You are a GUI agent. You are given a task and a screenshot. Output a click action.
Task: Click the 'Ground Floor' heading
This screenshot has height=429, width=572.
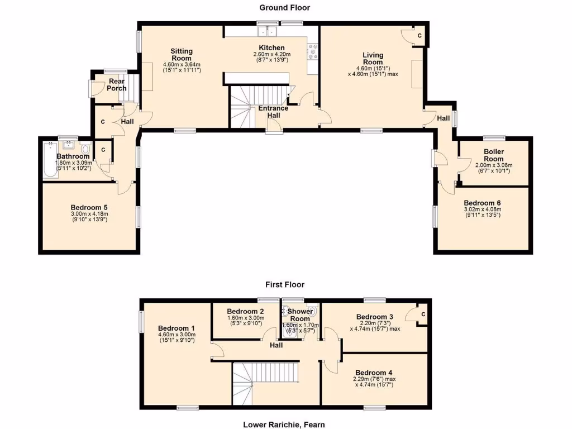(284, 7)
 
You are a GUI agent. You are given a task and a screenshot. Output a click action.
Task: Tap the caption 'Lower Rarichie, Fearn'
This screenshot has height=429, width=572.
(284, 424)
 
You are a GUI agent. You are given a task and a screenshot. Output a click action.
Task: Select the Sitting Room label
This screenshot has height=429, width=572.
(182, 55)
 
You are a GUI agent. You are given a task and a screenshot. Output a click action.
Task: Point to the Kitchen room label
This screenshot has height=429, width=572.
(271, 47)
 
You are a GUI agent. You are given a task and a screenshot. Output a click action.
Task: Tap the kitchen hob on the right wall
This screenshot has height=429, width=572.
(312, 52)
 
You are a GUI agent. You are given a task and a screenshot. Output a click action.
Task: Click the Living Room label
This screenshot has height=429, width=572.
(373, 58)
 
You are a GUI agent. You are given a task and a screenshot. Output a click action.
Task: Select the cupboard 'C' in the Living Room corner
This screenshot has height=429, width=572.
(420, 36)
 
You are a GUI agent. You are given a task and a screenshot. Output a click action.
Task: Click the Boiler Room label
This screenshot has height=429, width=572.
(494, 155)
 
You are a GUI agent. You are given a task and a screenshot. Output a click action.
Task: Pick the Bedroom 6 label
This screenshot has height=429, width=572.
(482, 203)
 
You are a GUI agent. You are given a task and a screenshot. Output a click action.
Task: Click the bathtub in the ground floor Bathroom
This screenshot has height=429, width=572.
(50, 160)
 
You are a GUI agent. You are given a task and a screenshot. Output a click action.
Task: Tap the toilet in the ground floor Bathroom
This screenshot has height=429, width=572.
(85, 149)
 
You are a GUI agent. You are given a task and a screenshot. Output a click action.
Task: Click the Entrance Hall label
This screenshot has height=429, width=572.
(273, 112)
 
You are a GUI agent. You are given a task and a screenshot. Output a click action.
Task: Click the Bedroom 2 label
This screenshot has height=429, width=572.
(245, 311)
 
